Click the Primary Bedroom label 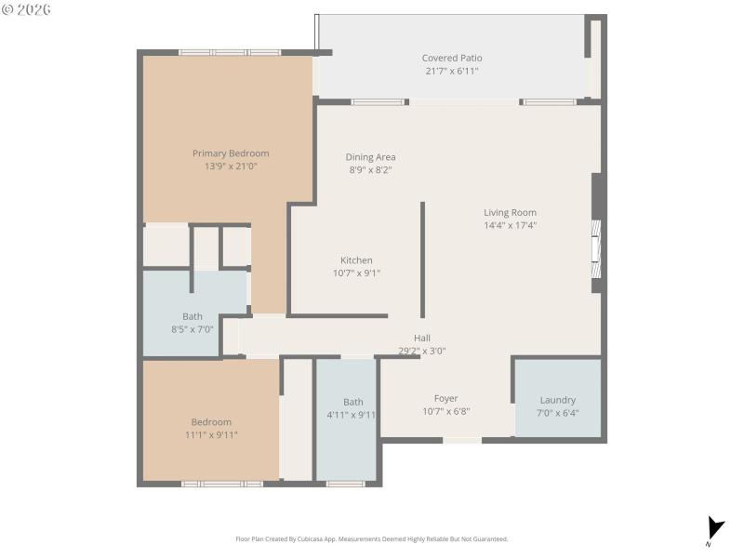point(231,153)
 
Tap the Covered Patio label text point(452,58)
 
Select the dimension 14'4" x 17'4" point(510,225)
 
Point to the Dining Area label point(370,157)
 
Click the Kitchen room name point(356,260)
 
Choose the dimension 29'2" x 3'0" point(422,351)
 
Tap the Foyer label point(446,398)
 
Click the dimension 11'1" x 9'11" point(211,434)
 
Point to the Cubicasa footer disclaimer point(372,538)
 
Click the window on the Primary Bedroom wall point(230,52)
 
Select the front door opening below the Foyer point(461,440)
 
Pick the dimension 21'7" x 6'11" point(452,71)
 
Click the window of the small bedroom point(221,484)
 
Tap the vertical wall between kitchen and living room point(423,260)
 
